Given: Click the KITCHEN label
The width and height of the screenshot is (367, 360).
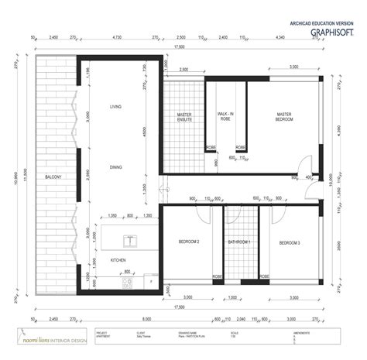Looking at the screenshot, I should [x=118, y=259].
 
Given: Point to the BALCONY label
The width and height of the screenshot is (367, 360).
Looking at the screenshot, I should [x=53, y=177].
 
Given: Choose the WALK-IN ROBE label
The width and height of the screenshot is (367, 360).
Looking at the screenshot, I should [x=225, y=116].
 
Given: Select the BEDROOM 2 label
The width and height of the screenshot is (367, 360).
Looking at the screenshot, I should [x=188, y=242].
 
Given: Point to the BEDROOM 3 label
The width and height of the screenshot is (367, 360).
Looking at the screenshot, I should [x=289, y=242].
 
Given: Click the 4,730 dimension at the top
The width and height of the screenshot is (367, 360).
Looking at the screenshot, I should [x=117, y=36].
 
